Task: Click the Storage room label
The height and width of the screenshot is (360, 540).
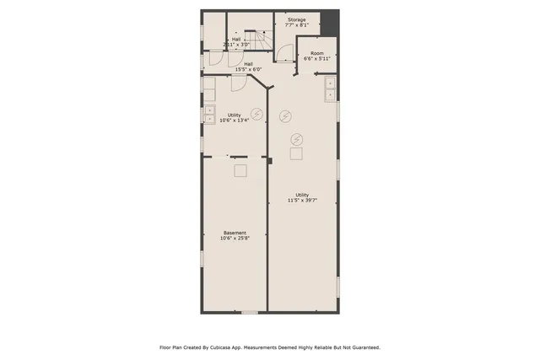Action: coord(297,19)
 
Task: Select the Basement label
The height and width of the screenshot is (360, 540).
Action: coord(235,233)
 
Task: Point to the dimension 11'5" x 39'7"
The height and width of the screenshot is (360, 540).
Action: coord(301,201)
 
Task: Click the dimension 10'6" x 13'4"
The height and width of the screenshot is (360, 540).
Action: coord(234,120)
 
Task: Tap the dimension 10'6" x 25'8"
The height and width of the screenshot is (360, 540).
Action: coord(235,239)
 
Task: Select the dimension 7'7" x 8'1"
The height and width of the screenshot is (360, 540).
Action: coord(297,25)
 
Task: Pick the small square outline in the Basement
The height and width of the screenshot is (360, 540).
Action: coord(240,170)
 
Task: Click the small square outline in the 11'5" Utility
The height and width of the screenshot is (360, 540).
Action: coord(296,153)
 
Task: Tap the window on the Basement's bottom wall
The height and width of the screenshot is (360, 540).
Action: coord(250,313)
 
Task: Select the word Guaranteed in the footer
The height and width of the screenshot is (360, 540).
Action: coord(362,347)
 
